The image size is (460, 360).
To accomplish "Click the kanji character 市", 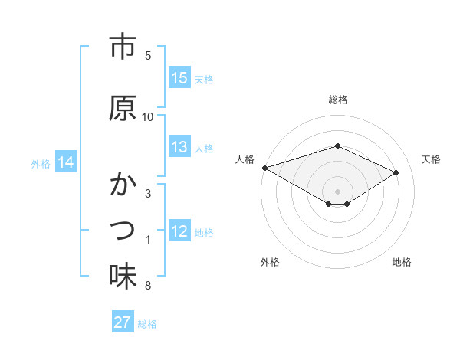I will tap(123, 48).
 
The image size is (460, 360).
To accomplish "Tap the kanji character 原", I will tap(123, 108).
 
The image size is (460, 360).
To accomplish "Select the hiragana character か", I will tap(123, 185).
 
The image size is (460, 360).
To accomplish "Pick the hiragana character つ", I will tap(123, 230).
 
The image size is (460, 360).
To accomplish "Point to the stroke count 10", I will tap(148, 116).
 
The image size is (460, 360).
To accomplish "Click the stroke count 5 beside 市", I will tap(148, 55).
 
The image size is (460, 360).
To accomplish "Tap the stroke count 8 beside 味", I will tap(148, 286).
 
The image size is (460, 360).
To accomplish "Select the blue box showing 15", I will tap(179, 78).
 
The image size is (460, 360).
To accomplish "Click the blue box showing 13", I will tap(179, 147).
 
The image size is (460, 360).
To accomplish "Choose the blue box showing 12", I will tap(179, 231).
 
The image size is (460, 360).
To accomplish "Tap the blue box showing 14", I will tap(66, 162).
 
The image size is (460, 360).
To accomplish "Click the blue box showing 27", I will tap(123, 322).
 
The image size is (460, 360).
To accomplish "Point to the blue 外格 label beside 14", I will tap(41, 163).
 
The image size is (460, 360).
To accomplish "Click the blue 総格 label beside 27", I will tap(147, 323).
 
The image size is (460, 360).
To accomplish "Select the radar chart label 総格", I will tap(338, 100).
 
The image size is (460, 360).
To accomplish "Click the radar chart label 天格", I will tap(432, 159).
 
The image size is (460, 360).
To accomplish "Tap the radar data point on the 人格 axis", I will tap(264, 167).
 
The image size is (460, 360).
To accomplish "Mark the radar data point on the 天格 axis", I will tap(396, 172).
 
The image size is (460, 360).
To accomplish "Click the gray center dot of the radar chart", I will tap(338, 191).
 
